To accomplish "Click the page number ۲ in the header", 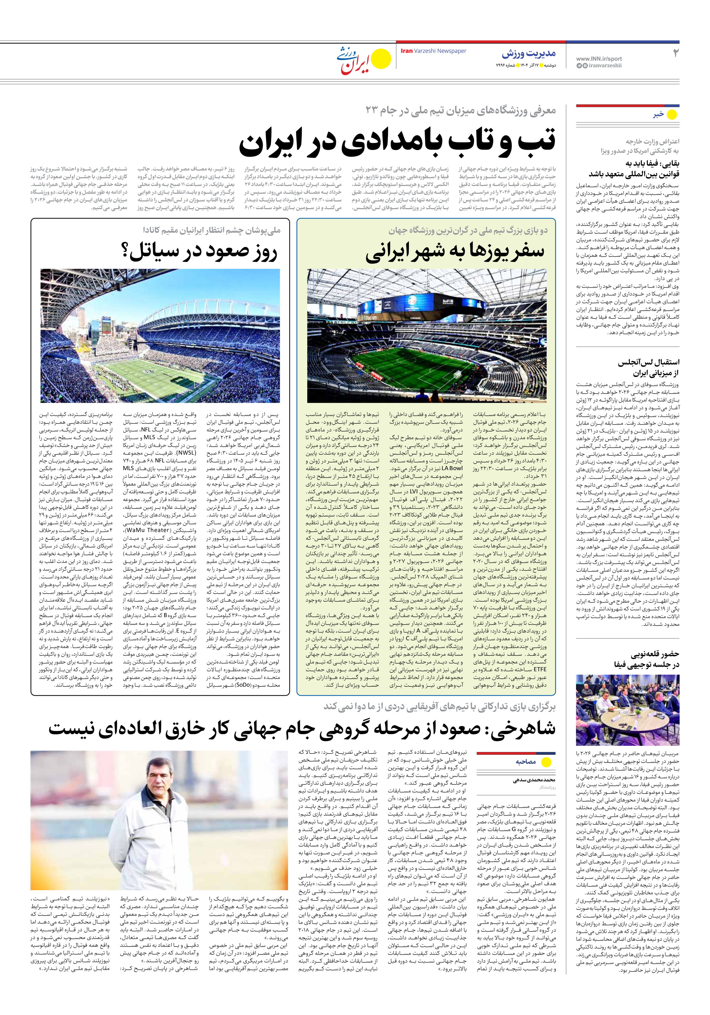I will (675, 53).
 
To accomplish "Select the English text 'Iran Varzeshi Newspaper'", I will (433, 51).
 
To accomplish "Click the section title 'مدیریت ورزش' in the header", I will (529, 54).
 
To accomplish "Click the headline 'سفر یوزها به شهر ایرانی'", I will (455, 252).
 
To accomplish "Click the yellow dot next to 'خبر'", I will (672, 115).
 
